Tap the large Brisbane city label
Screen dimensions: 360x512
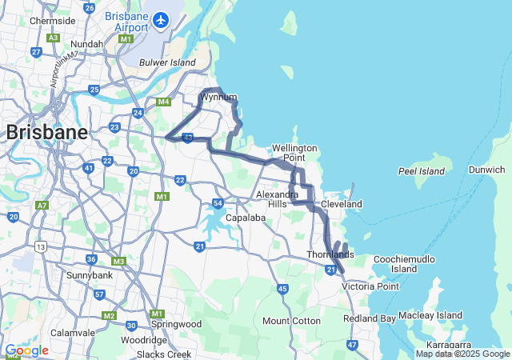47,133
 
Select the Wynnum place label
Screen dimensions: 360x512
218,98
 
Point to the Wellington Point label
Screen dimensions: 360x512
294,153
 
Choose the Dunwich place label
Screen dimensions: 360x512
486,170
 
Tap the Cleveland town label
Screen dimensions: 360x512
342,205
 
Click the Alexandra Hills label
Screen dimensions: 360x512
271,199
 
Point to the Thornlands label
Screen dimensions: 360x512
330,254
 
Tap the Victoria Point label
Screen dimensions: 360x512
370,286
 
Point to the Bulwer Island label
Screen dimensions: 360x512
167,62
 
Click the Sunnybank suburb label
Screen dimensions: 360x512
67,274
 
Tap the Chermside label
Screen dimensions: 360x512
52,20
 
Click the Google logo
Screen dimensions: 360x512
26,350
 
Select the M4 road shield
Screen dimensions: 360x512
164,102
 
